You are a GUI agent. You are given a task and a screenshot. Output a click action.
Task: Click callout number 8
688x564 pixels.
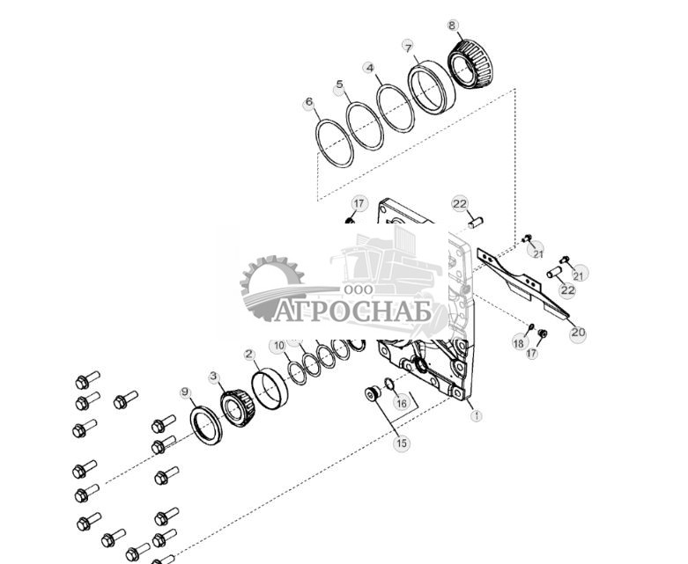click(453, 26)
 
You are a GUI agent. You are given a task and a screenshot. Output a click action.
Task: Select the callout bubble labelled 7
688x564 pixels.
click(408, 46)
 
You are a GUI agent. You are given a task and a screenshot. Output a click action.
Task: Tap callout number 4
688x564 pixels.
click(370, 68)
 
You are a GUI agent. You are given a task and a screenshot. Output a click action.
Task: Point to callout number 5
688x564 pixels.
click(340, 85)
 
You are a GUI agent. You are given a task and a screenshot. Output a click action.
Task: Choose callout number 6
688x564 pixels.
click(309, 103)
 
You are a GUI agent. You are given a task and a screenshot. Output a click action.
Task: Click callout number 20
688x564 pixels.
click(578, 333)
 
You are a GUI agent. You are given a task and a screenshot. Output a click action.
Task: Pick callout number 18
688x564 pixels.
click(519, 341)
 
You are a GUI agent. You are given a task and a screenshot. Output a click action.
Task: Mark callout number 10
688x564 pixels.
click(279, 346)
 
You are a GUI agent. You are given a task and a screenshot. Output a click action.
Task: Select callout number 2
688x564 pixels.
click(249, 355)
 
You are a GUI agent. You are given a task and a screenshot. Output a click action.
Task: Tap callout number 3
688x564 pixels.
click(213, 376)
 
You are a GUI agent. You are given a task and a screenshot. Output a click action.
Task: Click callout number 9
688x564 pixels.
click(185, 392)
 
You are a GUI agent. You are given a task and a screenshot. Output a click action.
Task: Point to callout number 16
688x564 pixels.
click(402, 403)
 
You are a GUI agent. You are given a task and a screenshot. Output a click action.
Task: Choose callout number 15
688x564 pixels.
click(401, 443)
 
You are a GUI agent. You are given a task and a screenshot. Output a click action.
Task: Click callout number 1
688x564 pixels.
click(477, 415)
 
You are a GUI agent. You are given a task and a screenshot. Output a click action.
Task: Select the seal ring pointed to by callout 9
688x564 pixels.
click(208, 427)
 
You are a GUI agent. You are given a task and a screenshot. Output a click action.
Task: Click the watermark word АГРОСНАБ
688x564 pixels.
click(352, 311)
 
